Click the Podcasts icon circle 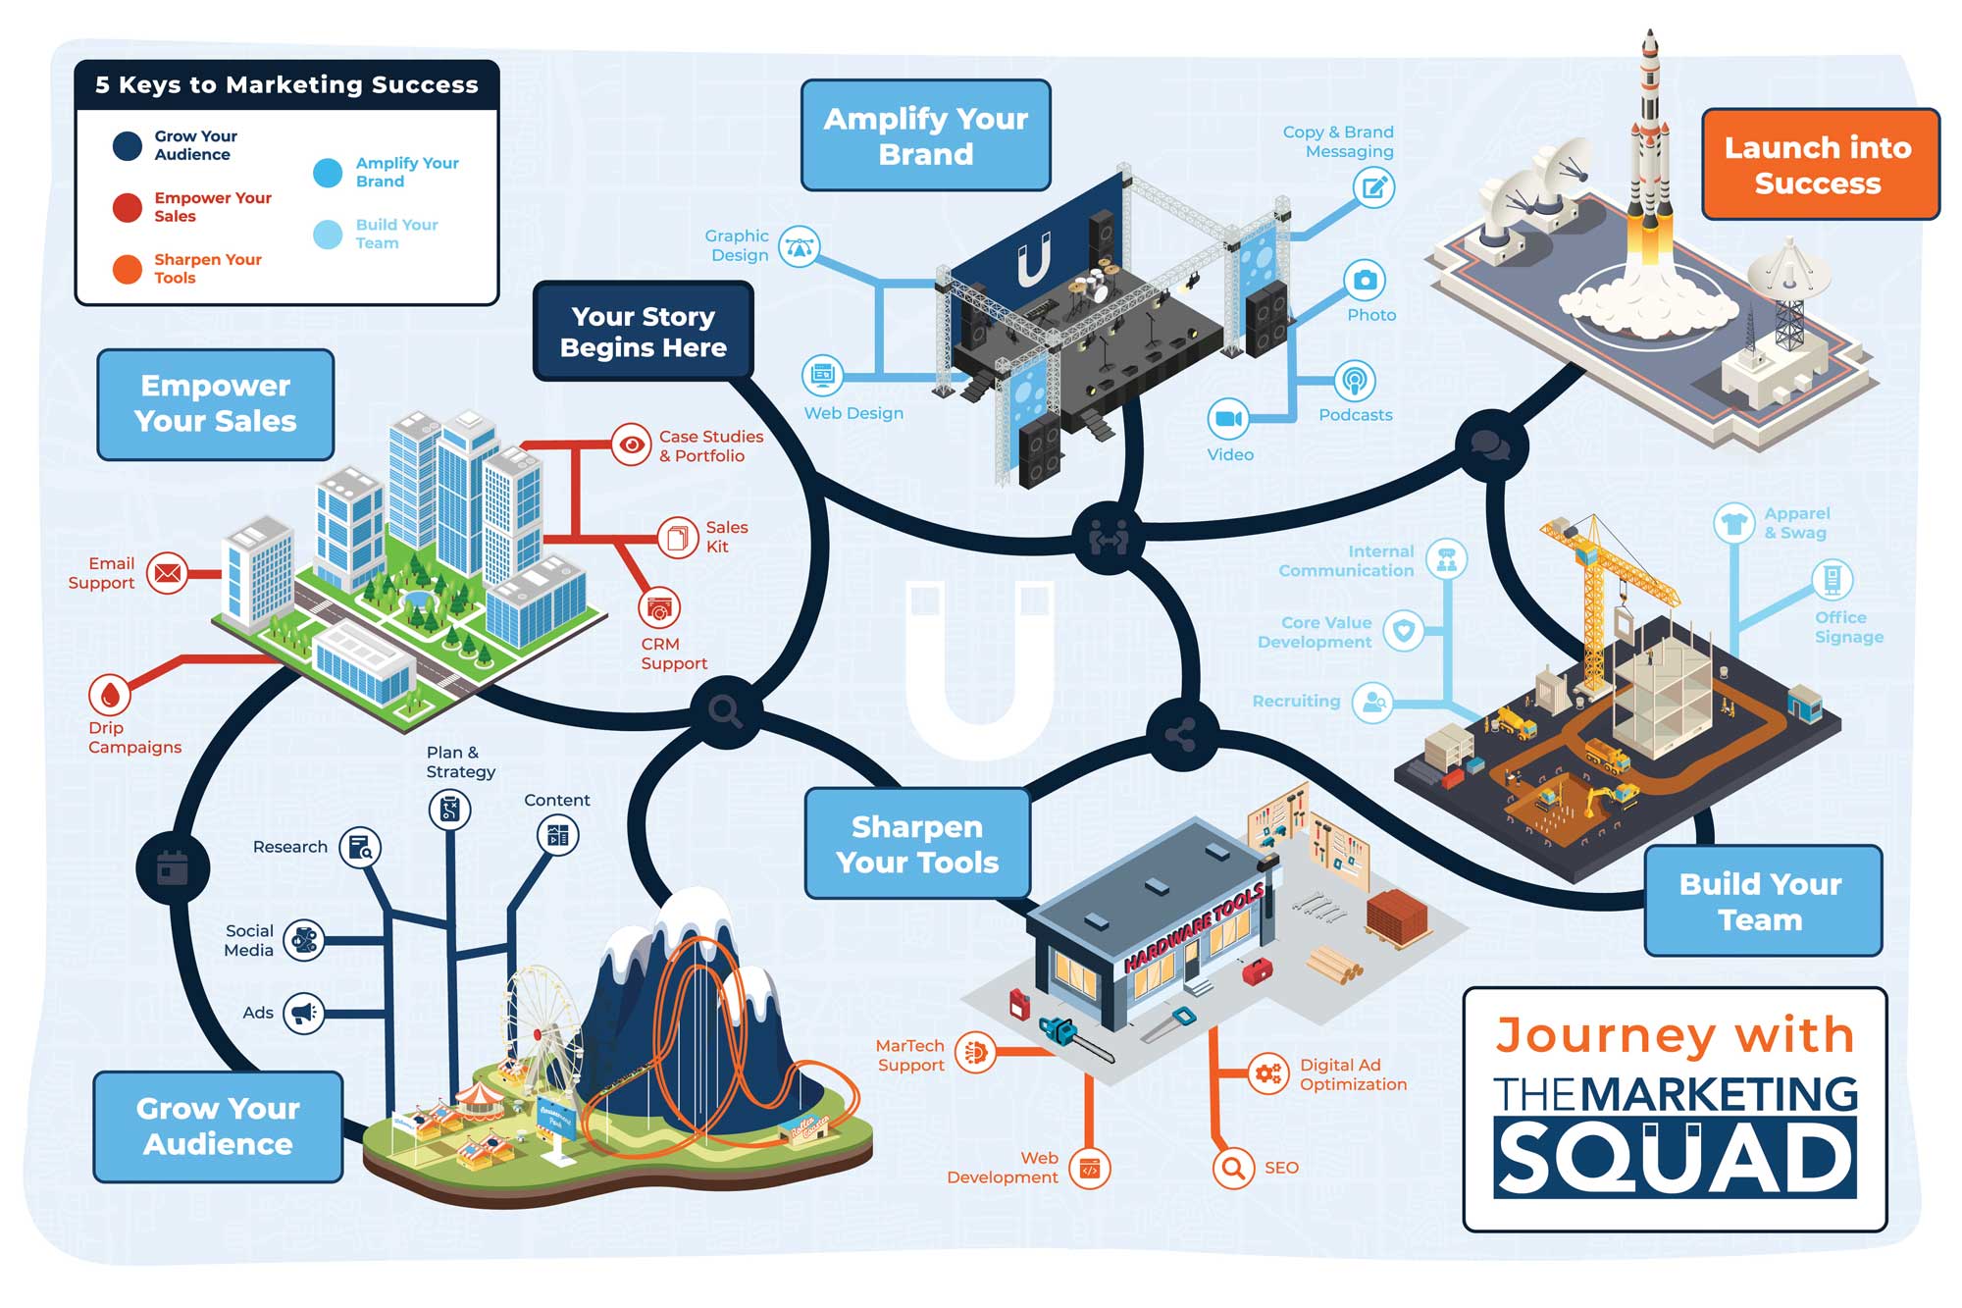(x=1355, y=381)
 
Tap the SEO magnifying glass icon (x=1233, y=1168)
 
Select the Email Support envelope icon (x=168, y=572)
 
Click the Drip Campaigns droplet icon (x=109, y=695)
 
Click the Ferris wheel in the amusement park (x=537, y=1020)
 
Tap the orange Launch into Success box (x=1820, y=164)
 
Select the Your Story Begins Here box (x=644, y=332)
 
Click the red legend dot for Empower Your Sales (x=128, y=207)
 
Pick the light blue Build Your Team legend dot (x=328, y=234)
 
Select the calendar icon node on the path (x=173, y=868)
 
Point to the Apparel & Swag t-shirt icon (x=1733, y=523)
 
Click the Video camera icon (x=1228, y=419)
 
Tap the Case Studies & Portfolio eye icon (x=632, y=445)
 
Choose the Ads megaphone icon (x=304, y=1013)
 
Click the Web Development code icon (x=1089, y=1168)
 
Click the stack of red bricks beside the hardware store (x=1397, y=916)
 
